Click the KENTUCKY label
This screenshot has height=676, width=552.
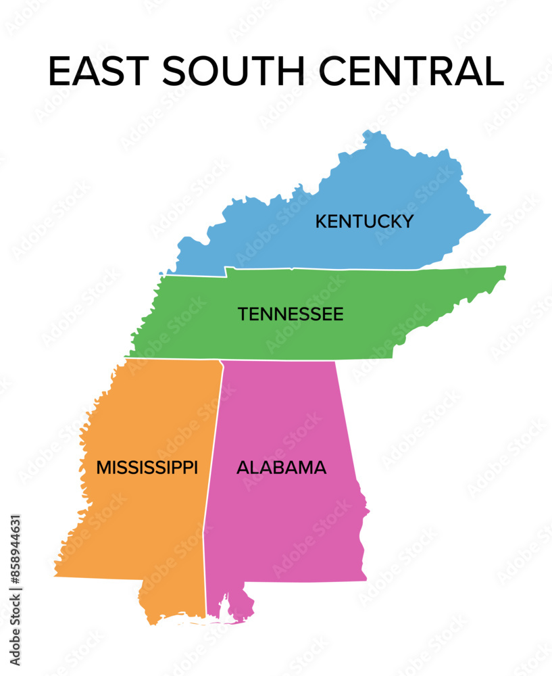coord(364,221)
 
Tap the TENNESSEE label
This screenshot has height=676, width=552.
coord(291,314)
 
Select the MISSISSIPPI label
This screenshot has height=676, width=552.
coord(147,467)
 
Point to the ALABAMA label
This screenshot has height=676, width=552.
coord(281,467)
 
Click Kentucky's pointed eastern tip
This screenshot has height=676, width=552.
coord(490,216)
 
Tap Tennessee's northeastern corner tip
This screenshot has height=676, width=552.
coord(504,268)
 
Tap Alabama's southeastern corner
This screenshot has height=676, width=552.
coord(365,578)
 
